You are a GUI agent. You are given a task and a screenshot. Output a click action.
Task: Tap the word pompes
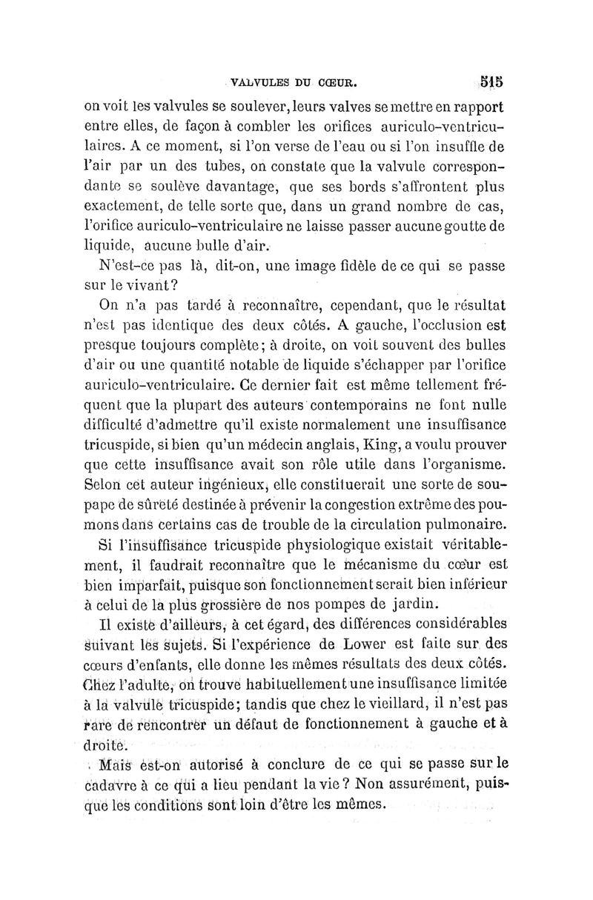359,601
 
